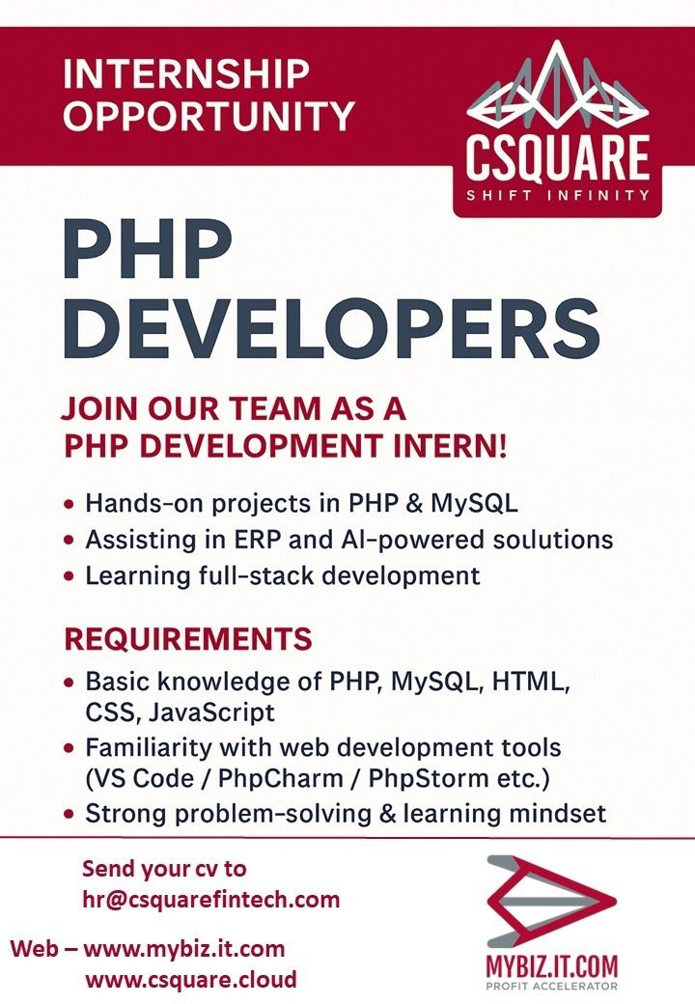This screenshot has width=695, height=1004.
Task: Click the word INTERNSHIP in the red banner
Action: pos(185,74)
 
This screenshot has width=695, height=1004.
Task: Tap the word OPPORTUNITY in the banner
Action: pos(208,116)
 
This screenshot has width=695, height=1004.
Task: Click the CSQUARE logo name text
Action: pos(558,159)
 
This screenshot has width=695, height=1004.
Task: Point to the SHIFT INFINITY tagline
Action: pos(558,195)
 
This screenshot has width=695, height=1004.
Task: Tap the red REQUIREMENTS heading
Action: pos(188,639)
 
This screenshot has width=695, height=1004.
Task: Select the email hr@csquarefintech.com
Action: pos(211,900)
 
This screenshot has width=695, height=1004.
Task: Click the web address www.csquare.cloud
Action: pos(191,979)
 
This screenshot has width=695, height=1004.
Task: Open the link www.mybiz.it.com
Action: pos(184,948)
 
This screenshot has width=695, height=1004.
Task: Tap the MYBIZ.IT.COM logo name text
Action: pos(552,965)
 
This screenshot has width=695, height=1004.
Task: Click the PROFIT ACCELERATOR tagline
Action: pos(552,986)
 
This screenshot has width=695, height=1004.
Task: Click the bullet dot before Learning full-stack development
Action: pos(69,576)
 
